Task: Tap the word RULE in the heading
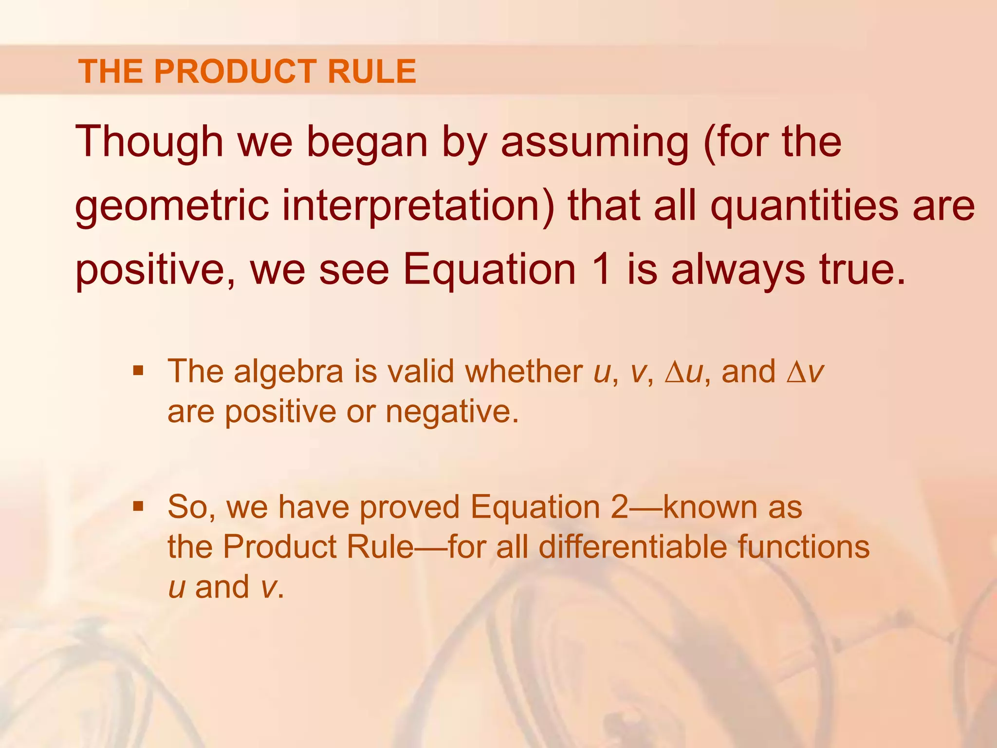pos(372,72)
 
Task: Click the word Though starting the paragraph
pos(149,142)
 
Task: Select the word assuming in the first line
pos(594,142)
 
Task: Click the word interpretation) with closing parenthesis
pos(418,206)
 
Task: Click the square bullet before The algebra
pos(138,372)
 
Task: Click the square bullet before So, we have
pos(138,507)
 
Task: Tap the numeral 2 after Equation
pos(620,507)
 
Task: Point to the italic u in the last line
pos(177,587)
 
